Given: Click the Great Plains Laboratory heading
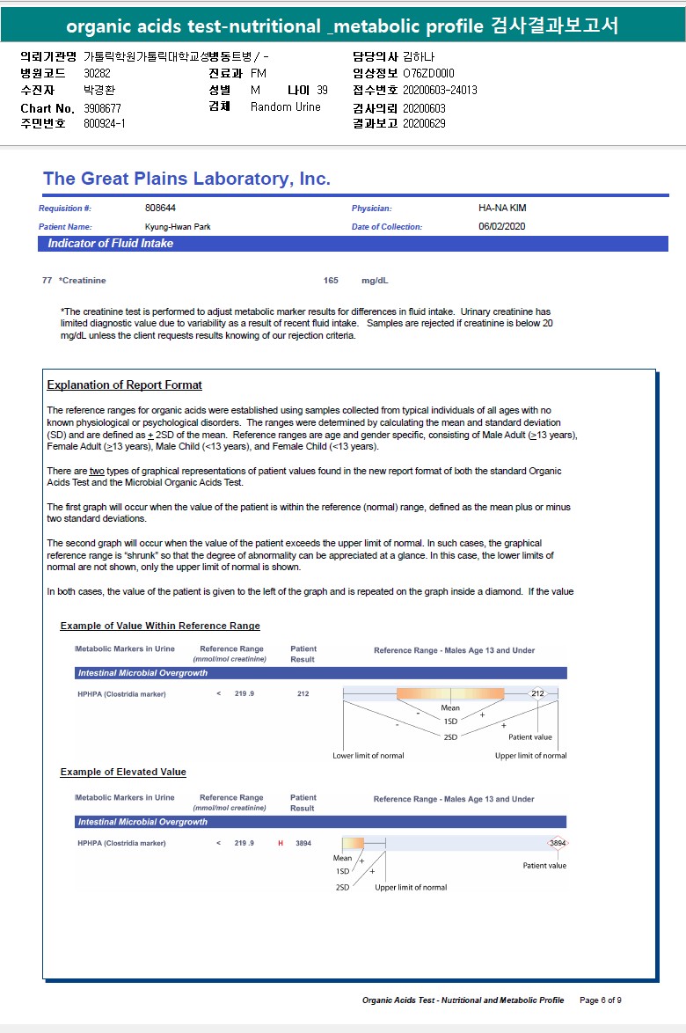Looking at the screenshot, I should click(x=186, y=179).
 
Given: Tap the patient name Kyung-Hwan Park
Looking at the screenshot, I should click(x=178, y=227).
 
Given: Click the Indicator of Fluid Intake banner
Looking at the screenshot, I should click(x=110, y=244).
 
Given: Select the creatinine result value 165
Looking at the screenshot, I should click(x=331, y=281).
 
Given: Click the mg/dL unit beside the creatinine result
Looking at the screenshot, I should click(x=375, y=281).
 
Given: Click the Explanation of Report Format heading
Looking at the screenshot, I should click(x=124, y=385).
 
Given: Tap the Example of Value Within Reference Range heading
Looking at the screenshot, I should click(x=160, y=626).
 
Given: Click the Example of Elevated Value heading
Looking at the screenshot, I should click(x=123, y=772).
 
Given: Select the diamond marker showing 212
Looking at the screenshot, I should click(x=538, y=693).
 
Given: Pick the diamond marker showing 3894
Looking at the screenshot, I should click(x=558, y=843).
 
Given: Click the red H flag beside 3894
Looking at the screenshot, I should click(x=281, y=843).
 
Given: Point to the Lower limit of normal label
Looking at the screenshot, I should click(x=369, y=756).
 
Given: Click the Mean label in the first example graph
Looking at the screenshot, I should click(x=450, y=707).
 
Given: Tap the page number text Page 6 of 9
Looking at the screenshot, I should click(x=601, y=1000).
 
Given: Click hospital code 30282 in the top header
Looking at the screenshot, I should click(x=98, y=73).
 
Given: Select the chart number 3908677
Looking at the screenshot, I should click(x=103, y=108).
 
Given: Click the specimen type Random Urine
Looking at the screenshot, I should click(x=286, y=107).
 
